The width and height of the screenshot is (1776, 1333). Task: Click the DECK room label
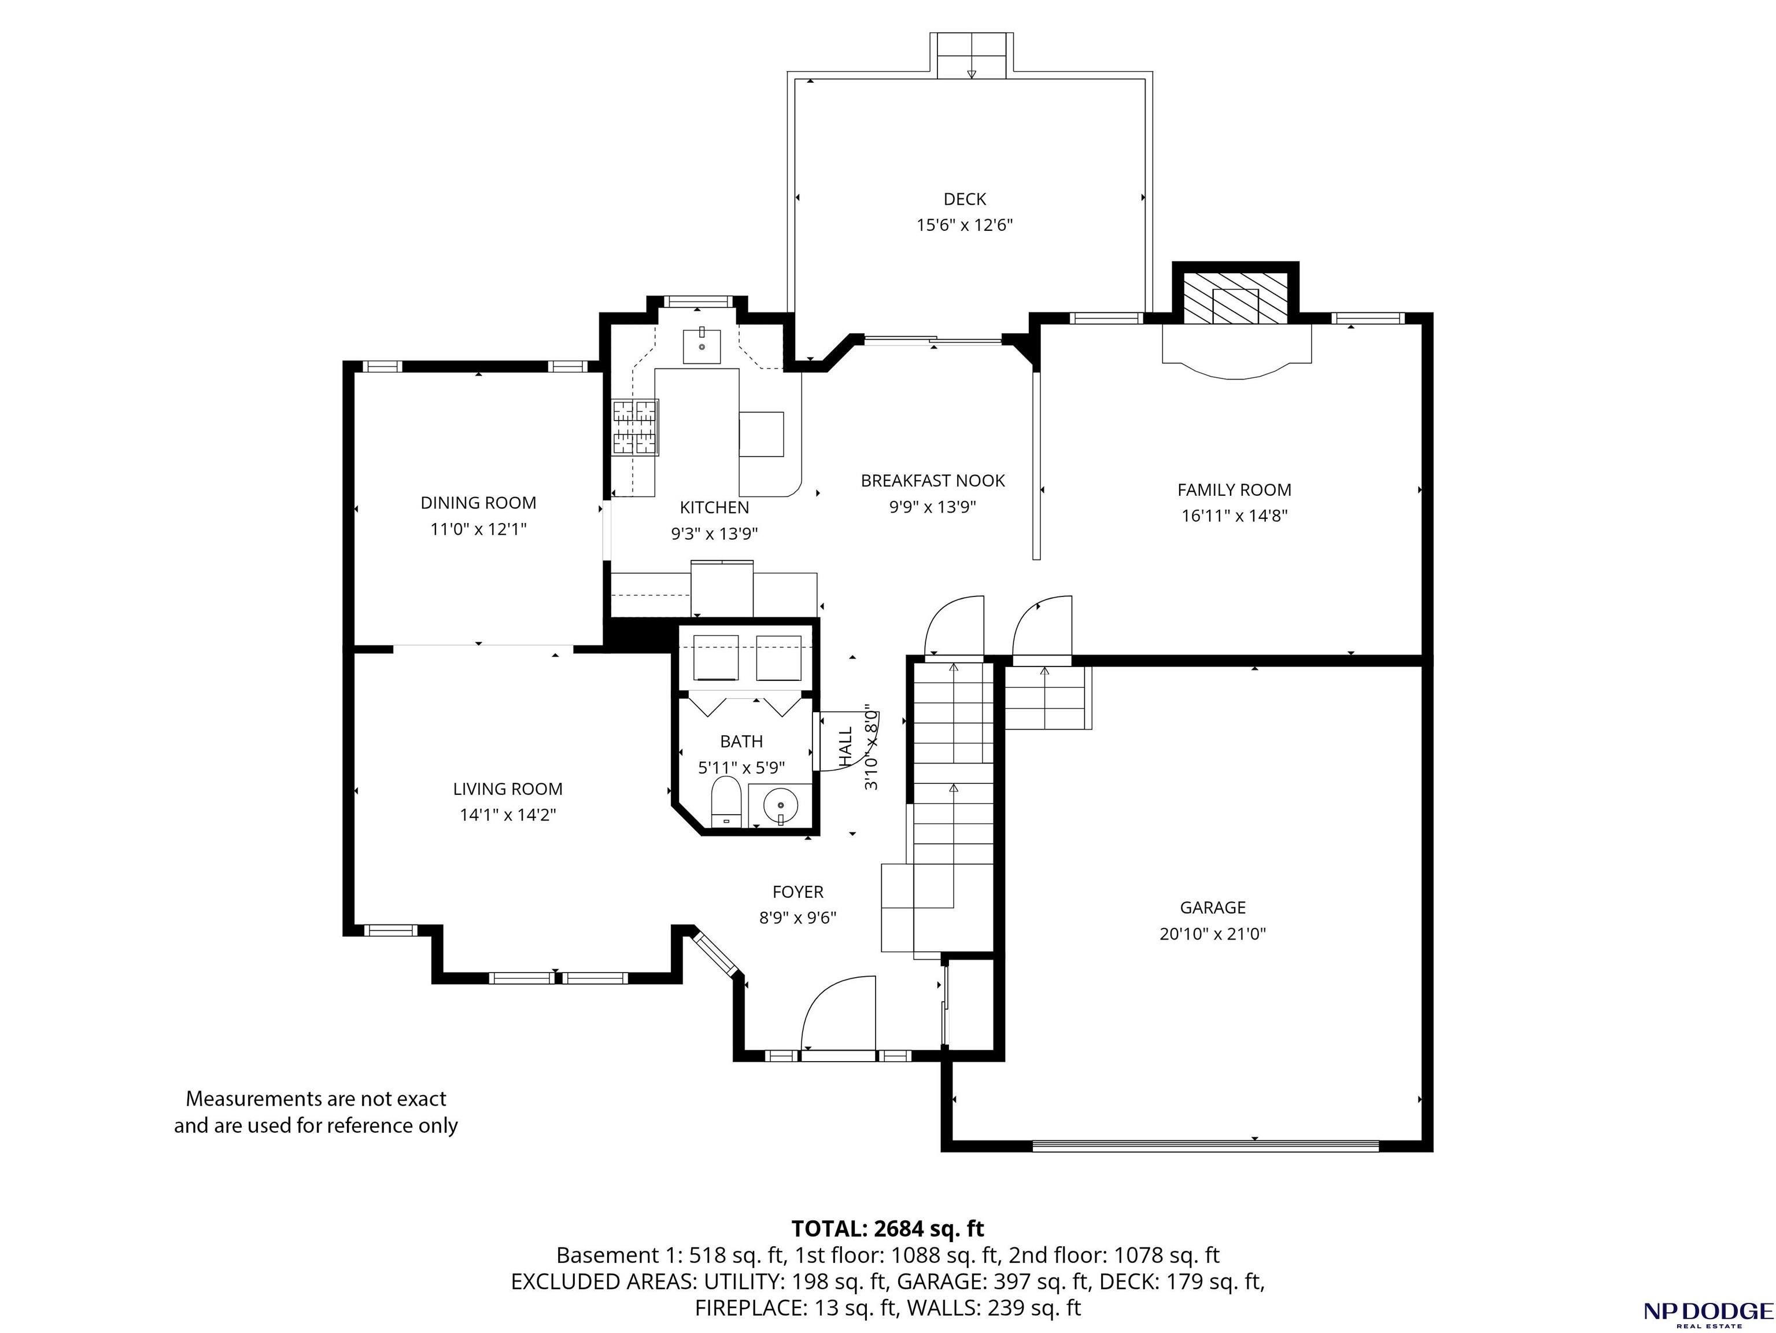[x=964, y=199]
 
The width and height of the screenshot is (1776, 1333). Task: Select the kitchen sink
[x=701, y=346]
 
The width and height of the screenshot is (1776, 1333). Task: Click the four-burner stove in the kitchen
[x=635, y=427]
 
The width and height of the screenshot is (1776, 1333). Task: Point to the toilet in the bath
[x=726, y=801]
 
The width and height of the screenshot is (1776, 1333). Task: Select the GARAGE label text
[x=1212, y=907]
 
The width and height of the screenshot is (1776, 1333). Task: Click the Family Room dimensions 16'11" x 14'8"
[x=1234, y=515]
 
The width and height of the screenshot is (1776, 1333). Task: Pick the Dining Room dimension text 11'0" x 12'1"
[x=478, y=529]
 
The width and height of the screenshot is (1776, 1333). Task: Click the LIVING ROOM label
[x=507, y=789]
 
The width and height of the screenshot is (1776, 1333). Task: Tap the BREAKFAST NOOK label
[x=933, y=480]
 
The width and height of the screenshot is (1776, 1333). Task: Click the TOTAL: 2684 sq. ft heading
[x=887, y=1229]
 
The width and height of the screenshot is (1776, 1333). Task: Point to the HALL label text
[x=846, y=747]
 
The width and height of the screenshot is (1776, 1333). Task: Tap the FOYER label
[x=798, y=892]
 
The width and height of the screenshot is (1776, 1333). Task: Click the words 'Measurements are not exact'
[x=316, y=1099]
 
